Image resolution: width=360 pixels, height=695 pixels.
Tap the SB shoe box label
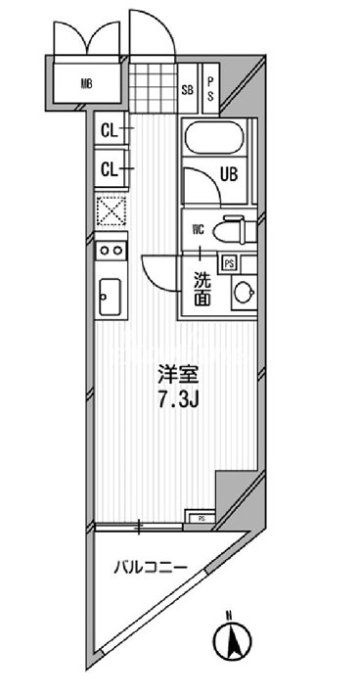coord(187,91)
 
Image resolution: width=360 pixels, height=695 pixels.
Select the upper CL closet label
coord(110,129)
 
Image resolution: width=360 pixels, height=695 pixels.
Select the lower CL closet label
coord(110,169)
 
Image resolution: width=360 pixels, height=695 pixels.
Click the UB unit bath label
coord(229,176)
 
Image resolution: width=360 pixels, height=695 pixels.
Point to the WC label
coord(198,231)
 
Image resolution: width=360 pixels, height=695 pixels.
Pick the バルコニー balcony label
coord(150,565)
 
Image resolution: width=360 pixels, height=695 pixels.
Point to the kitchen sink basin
coord(109,295)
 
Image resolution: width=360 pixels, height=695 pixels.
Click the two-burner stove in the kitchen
coord(110,251)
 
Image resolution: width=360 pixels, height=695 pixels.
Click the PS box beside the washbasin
coord(228,262)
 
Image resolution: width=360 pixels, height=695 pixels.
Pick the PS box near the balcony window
coord(201,517)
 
